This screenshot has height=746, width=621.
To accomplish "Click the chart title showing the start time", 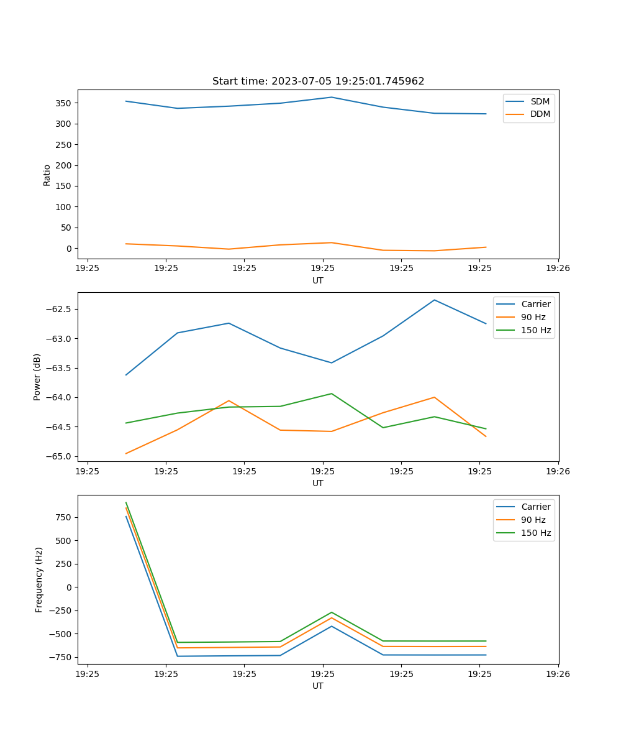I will coord(318,81).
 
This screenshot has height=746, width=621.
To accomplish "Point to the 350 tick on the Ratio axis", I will coord(63,103).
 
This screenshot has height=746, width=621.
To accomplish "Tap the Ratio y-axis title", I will coord(47,175).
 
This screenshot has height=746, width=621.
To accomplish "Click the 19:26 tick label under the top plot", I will coord(558,269).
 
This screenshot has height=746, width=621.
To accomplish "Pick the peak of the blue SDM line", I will coord(331,97).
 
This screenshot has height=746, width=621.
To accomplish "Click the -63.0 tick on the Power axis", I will coord(61,339).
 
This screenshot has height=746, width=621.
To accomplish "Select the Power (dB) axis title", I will coord(37,377).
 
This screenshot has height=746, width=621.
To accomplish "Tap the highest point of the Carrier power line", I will coord(434,300).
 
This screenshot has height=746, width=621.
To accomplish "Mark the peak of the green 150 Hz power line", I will coord(331,394).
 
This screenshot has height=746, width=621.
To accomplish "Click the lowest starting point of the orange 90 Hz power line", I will coord(126,453).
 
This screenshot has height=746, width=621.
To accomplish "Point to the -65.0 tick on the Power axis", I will coord(61,456).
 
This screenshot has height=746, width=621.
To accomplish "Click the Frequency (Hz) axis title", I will coord(39,579).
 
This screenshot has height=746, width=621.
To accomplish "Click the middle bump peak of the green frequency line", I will coord(331,612).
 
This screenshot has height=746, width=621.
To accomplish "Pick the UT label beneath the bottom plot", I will coord(318,686).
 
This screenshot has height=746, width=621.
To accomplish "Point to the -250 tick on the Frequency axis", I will coord(61,610).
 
